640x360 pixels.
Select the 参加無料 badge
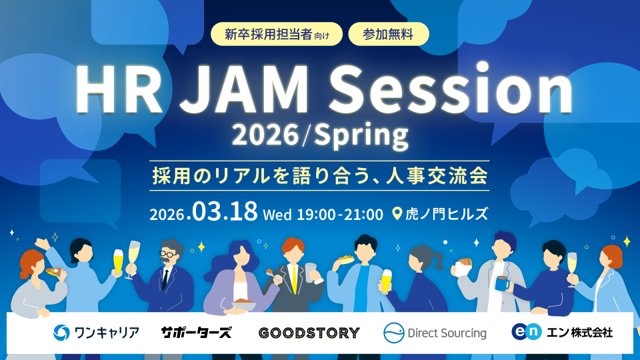coord(388,33)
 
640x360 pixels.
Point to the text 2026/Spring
coord(319,136)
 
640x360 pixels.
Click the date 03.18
coord(225,213)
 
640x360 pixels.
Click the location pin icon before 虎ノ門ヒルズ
coord(397,214)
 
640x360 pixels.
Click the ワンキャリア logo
coord(96,332)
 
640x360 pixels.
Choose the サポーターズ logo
coord(196,332)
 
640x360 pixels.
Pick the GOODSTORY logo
coord(308,332)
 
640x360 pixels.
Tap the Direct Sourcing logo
coord(435,332)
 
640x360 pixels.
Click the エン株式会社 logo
coord(561,331)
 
